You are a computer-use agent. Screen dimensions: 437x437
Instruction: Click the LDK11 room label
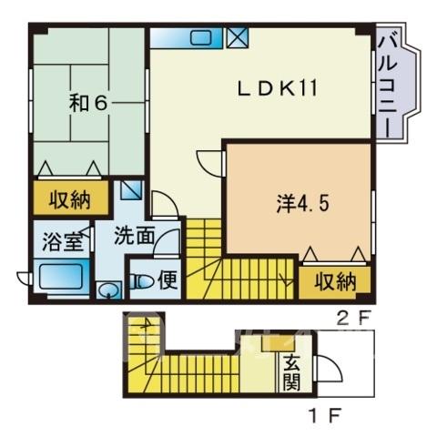tap(278, 88)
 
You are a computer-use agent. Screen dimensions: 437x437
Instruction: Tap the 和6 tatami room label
tap(88, 103)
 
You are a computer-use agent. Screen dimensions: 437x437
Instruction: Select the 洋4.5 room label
tap(302, 203)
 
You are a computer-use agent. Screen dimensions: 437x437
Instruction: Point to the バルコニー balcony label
tap(388, 86)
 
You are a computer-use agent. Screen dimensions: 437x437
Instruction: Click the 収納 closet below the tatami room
tap(70, 198)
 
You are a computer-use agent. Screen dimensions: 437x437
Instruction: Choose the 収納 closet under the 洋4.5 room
tap(335, 282)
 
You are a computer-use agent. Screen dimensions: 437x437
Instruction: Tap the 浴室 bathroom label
tap(62, 242)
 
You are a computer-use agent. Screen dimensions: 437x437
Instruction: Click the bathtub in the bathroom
tap(61, 276)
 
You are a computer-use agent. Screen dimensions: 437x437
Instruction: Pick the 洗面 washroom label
tap(135, 236)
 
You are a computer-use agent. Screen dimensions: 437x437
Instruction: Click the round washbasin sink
tap(108, 290)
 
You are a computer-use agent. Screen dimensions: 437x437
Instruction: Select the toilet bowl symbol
tap(142, 281)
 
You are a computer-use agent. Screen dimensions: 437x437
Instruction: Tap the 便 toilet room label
tap(168, 279)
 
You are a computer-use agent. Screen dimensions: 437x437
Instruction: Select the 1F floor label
tap(325, 413)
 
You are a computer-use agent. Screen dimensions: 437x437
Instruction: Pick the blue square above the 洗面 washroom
tap(131, 190)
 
